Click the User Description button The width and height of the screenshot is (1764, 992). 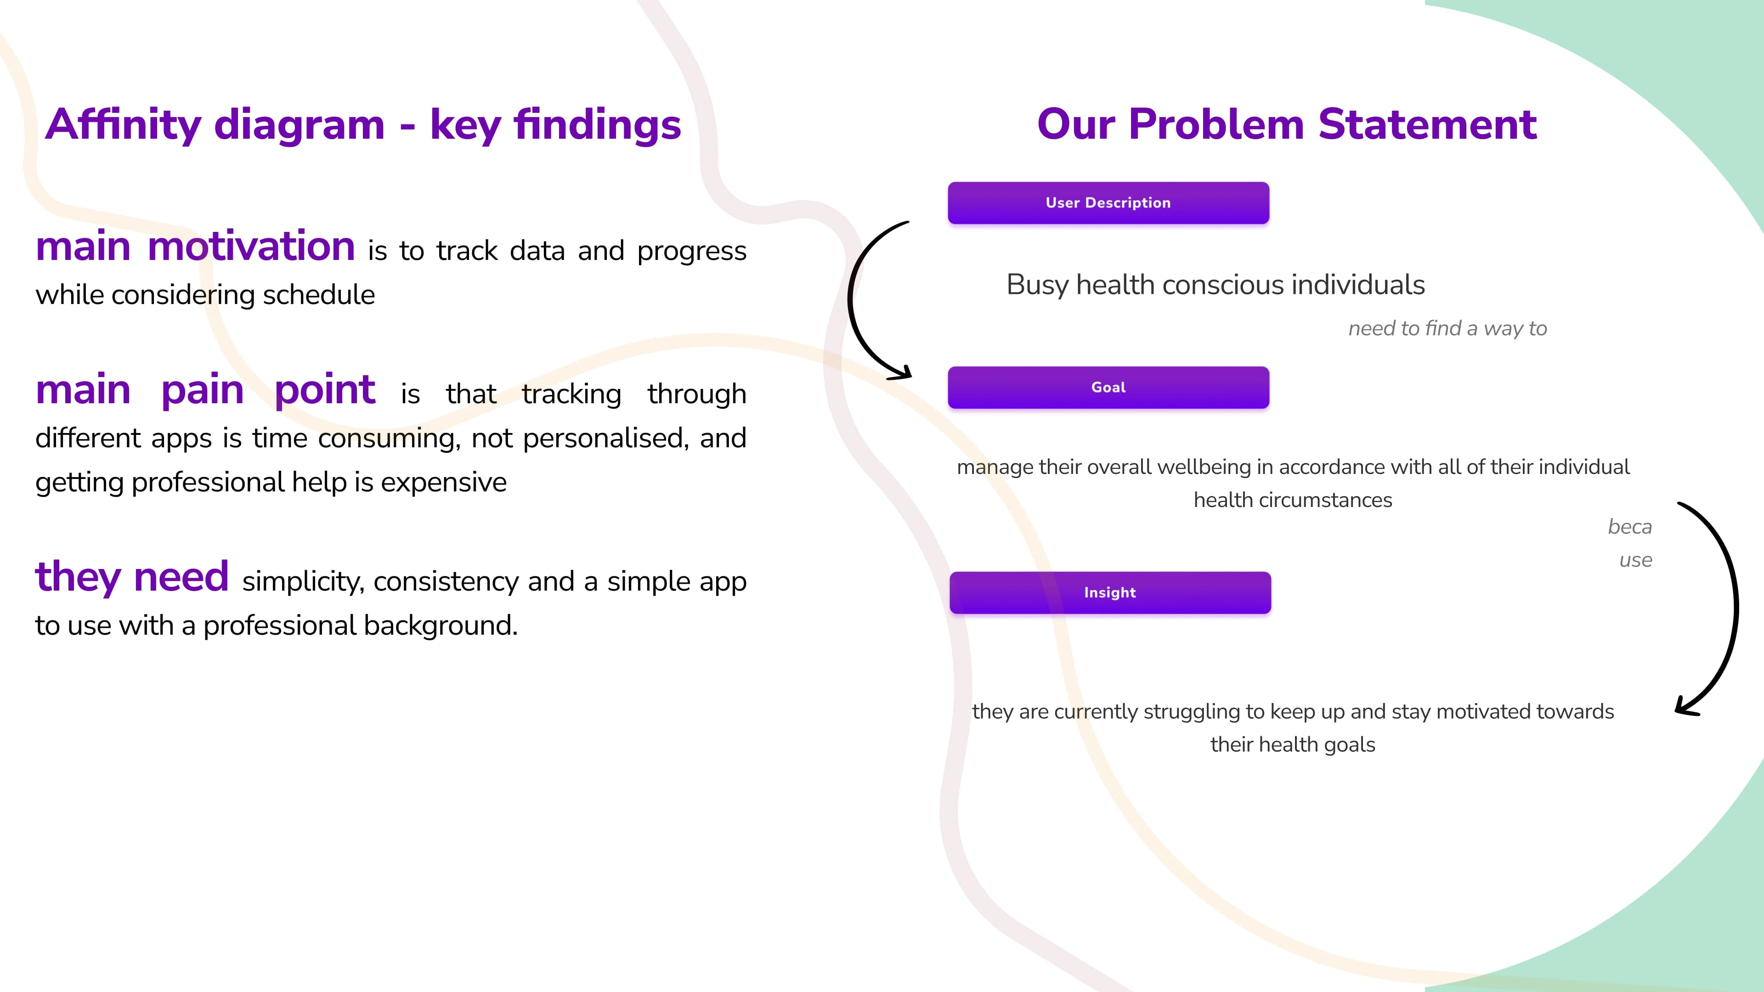pyautogui.click(x=1108, y=203)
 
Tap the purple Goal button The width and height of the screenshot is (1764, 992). pyautogui.click(x=1108, y=388)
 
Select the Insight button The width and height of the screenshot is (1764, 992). pyautogui.click(x=1110, y=593)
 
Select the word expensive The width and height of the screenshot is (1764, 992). pyautogui.click(x=444, y=483)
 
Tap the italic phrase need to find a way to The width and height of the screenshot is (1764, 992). pyautogui.click(x=1447, y=329)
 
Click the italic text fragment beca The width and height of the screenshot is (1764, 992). pyautogui.click(x=1630, y=527)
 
